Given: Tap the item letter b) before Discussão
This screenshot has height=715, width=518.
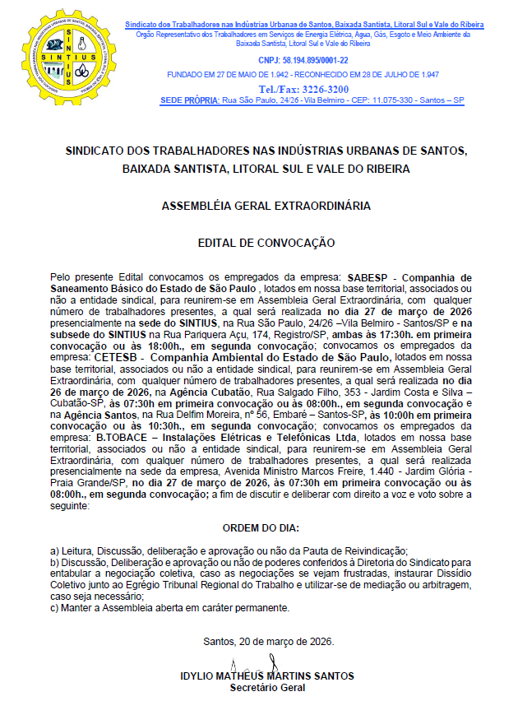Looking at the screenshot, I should (54, 563).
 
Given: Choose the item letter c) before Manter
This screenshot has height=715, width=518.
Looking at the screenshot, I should (54, 608).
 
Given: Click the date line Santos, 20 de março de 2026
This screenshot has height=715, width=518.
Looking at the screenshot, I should (268, 641).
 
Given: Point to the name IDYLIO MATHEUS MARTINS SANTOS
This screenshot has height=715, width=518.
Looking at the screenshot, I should (267, 676).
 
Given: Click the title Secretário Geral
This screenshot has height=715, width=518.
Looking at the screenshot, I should (267, 687).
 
